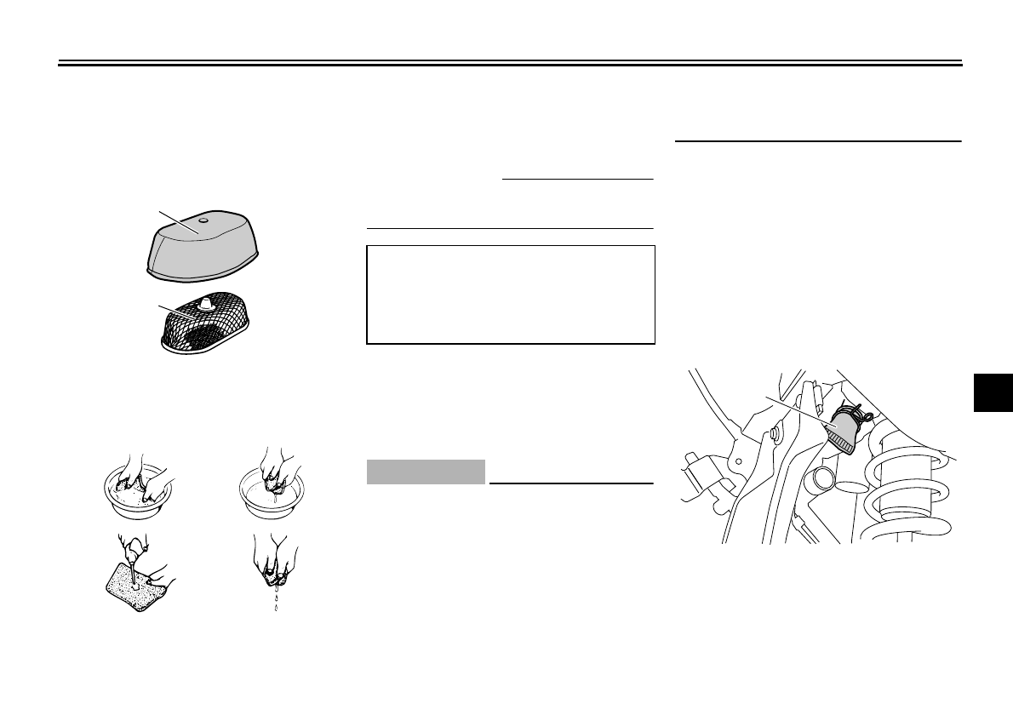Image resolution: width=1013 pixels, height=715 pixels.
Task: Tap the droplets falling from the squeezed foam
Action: click(275, 598)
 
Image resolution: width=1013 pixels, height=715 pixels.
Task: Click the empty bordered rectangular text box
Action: click(511, 295)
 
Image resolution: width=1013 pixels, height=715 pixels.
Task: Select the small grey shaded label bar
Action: click(426, 472)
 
